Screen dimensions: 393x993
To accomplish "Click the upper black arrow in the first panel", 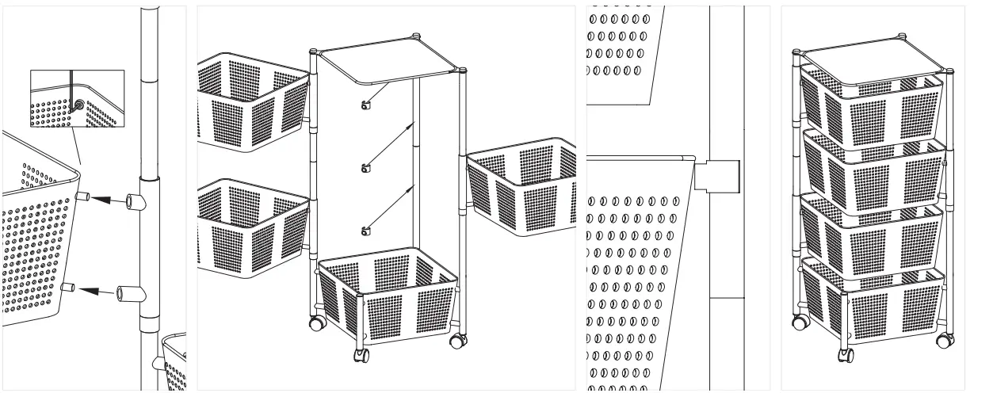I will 108,200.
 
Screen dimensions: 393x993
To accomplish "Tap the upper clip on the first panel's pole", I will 139,202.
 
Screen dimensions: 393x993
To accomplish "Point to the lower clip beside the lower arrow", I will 132,294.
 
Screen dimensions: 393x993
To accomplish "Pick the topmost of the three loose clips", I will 366,106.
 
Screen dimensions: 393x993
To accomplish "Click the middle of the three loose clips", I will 365,168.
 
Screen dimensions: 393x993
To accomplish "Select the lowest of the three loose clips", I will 365,231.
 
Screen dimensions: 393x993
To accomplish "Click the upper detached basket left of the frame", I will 250,102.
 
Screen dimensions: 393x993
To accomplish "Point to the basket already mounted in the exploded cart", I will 388,297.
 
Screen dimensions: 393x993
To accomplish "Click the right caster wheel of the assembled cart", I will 944,341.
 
